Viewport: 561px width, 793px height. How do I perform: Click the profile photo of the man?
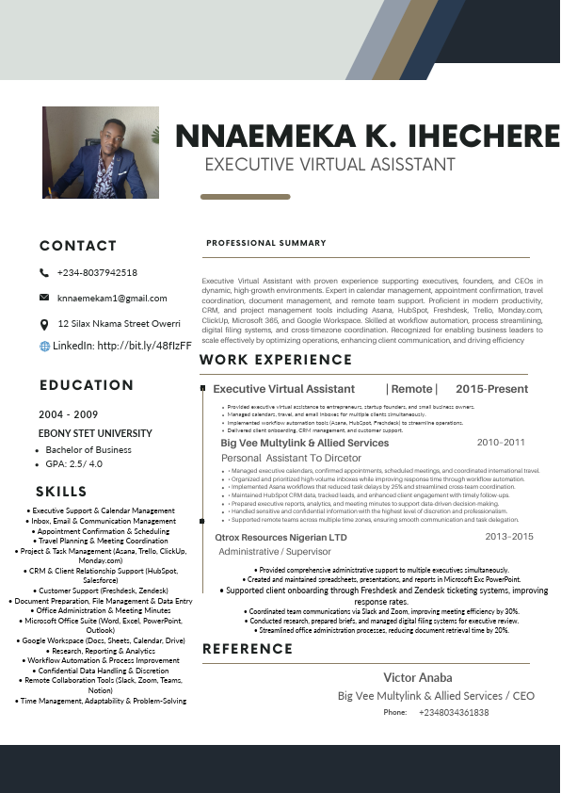tap(94, 152)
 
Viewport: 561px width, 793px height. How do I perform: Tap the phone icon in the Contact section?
tap(44, 273)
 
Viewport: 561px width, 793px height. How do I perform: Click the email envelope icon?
tap(44, 298)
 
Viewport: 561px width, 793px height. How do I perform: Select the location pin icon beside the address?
tap(44, 324)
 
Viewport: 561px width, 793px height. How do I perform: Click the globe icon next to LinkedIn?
tap(44, 347)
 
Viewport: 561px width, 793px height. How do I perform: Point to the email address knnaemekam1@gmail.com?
tap(112, 299)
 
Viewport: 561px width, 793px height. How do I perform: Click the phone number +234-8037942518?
tap(97, 273)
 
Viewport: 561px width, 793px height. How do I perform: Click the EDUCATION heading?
tap(87, 385)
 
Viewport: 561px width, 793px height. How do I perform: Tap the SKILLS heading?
tap(61, 492)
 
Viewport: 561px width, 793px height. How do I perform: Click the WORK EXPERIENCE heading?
tap(263, 360)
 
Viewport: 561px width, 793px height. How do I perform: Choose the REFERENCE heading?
tap(248, 649)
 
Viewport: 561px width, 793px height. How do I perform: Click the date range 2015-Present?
tap(491, 389)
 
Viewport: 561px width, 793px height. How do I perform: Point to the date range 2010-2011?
tap(501, 442)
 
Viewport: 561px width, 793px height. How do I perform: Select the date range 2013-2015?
tap(509, 537)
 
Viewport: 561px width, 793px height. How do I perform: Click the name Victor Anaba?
tap(417, 677)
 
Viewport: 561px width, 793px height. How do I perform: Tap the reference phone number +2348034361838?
tap(454, 713)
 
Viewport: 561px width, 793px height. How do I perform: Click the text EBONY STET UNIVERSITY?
tap(95, 433)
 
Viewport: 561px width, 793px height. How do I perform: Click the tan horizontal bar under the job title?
tap(246, 197)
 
